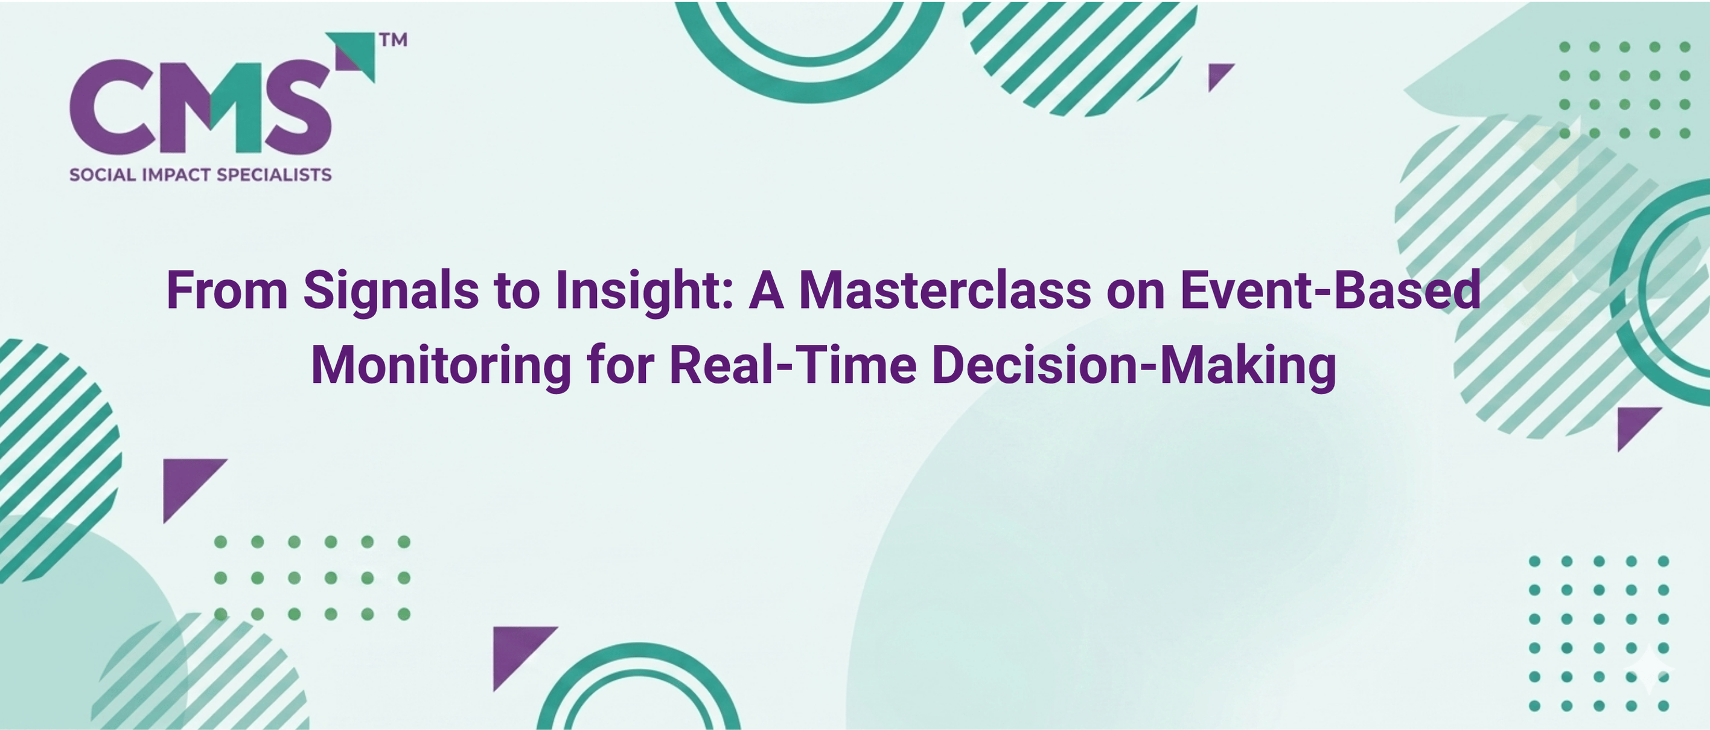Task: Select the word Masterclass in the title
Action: point(945,290)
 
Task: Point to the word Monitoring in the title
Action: point(441,367)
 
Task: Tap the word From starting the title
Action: point(227,290)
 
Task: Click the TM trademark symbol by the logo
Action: point(393,40)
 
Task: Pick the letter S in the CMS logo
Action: point(298,107)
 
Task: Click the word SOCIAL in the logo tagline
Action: point(102,174)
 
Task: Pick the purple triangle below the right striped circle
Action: point(1633,423)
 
